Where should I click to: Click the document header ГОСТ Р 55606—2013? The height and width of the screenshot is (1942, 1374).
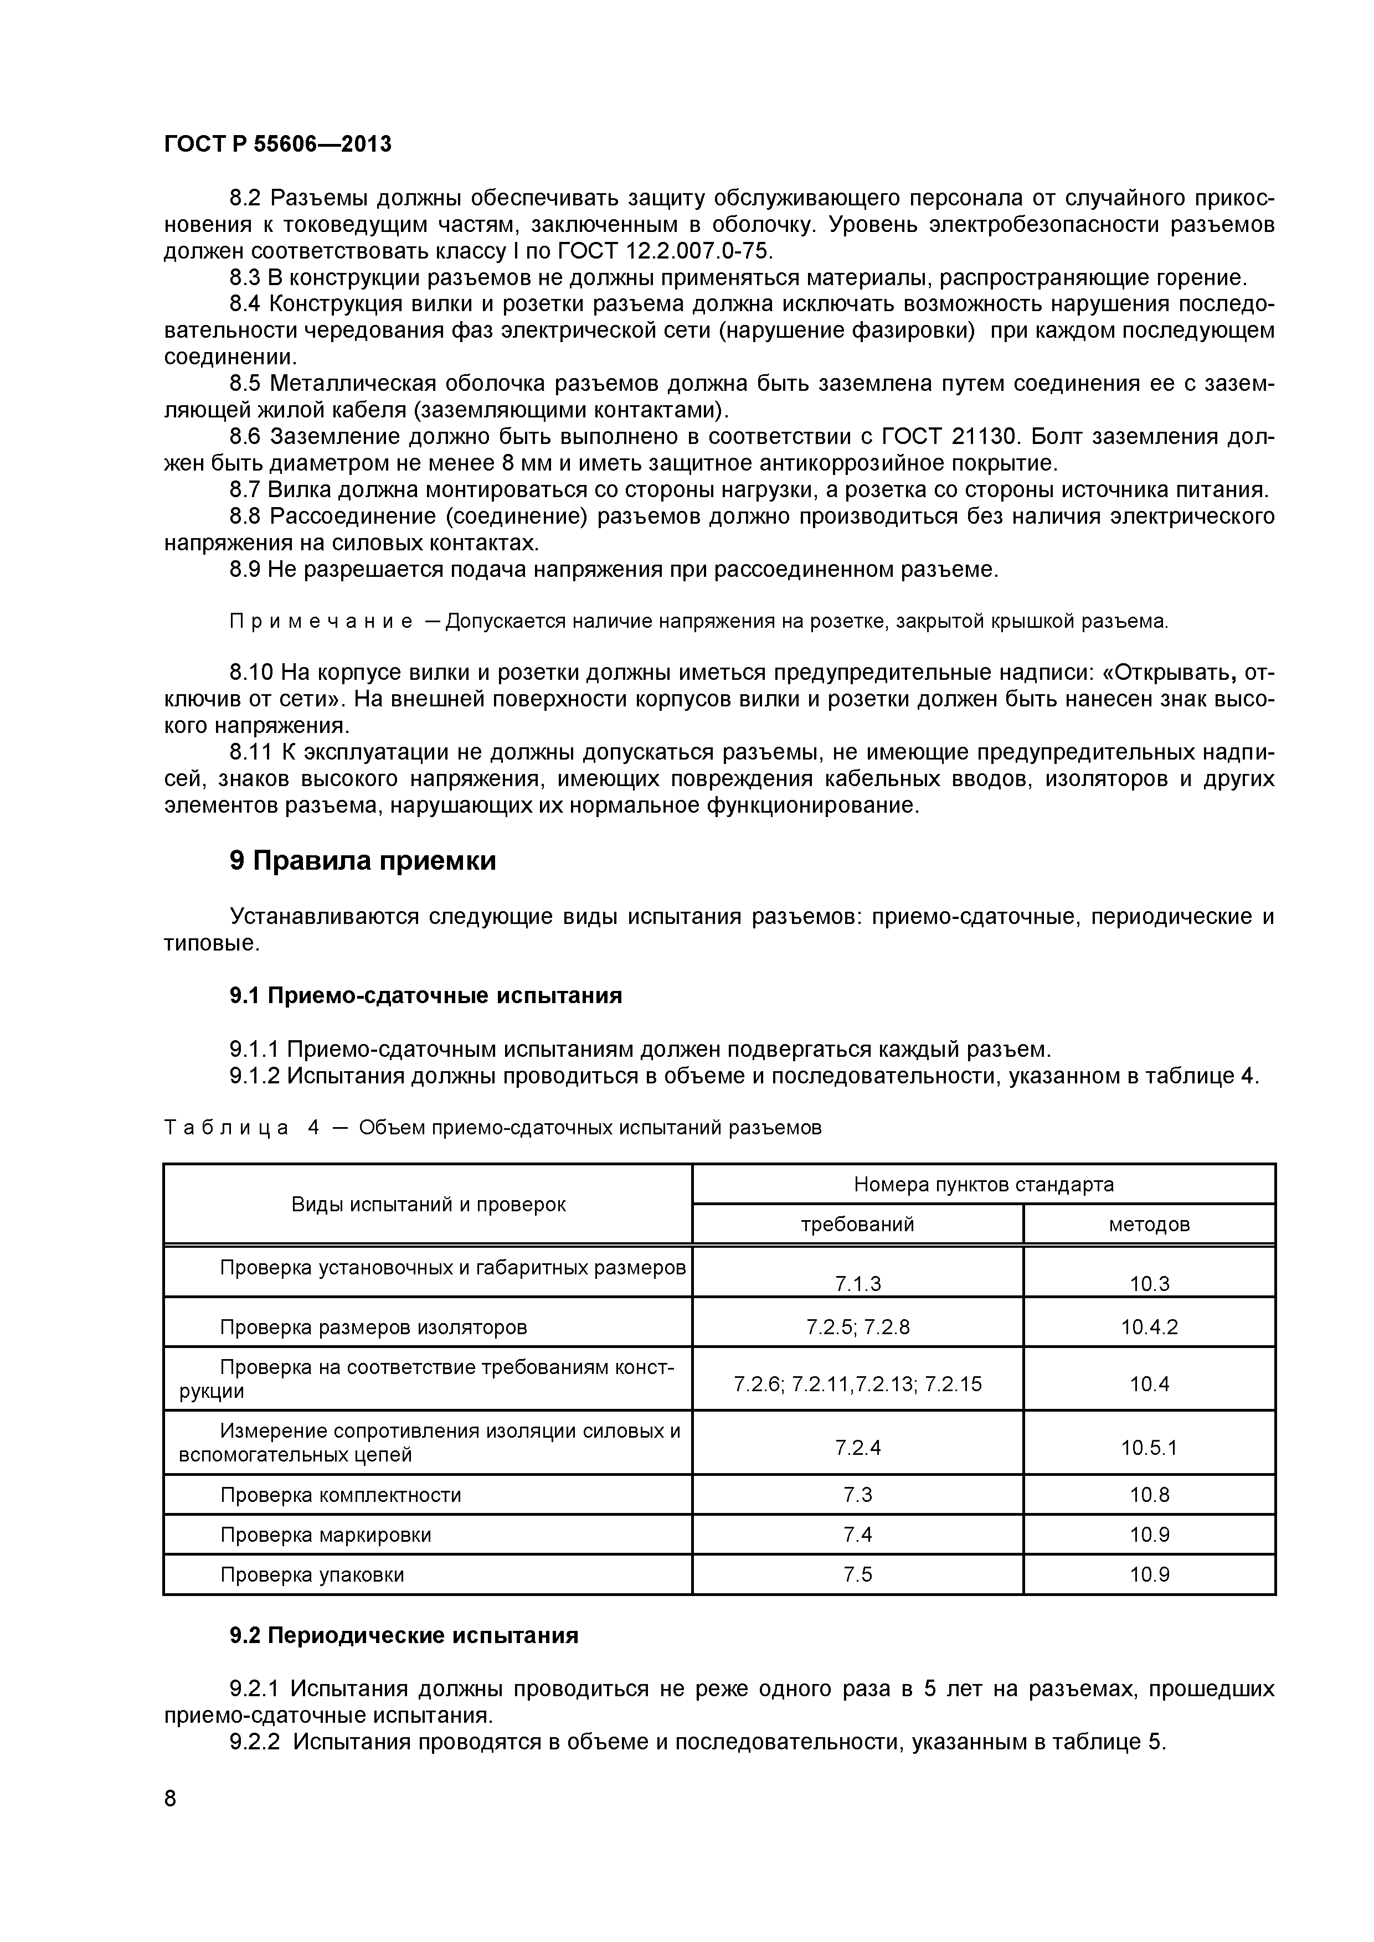277,144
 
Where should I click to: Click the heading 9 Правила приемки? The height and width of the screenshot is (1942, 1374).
363,861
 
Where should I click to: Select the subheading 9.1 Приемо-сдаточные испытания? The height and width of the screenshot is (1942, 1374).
425,995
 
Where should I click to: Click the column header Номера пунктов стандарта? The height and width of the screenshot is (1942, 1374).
983,1184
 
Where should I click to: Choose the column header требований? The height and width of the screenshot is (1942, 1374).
857,1224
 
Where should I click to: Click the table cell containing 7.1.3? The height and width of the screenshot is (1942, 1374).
857,1284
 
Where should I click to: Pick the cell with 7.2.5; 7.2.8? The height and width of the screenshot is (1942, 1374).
857,1327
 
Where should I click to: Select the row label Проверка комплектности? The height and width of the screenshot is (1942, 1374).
340,1495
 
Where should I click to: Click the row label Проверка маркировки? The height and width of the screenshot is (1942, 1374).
326,1535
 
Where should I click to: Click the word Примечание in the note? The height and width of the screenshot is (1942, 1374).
322,622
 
